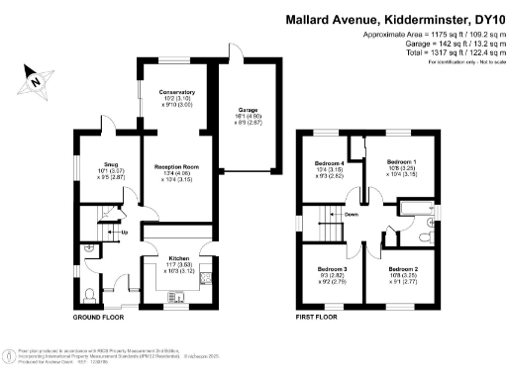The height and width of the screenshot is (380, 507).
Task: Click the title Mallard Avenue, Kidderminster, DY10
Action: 392,18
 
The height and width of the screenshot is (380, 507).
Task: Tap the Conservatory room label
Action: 178,92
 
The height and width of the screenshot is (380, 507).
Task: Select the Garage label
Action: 247,110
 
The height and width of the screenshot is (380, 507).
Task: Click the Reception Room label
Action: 178,166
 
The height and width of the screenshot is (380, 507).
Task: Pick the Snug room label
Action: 111,164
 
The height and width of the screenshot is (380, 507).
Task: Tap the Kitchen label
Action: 178,255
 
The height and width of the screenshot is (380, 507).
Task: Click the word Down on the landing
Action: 351,214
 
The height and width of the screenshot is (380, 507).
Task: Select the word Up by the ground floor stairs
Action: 124,234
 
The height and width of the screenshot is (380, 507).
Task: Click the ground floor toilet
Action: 89,293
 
